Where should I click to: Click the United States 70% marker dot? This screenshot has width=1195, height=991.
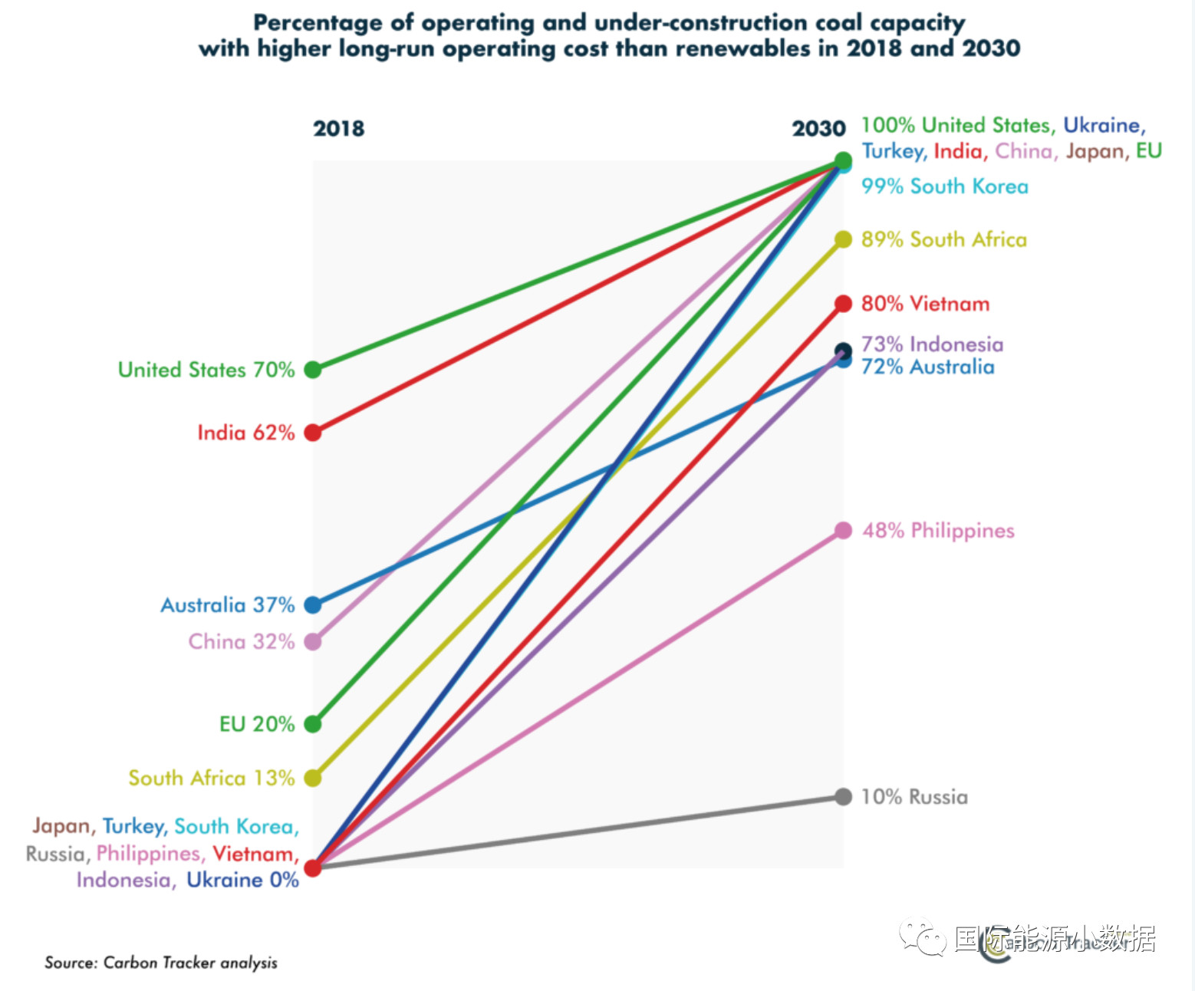pos(312,370)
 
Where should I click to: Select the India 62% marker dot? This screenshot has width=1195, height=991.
pos(312,433)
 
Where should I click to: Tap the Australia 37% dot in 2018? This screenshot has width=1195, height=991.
pos(312,605)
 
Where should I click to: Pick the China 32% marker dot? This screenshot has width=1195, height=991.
pos(312,641)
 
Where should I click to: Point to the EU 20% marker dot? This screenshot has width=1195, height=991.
pos(312,723)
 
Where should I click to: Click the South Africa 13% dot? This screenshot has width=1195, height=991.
pos(312,778)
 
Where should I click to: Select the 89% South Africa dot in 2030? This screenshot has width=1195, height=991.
pos(843,239)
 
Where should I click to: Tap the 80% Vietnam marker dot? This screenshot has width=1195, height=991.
pos(843,304)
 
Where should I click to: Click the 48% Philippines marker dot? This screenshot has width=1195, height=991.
pos(843,531)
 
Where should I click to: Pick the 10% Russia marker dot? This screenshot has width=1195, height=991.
pos(843,797)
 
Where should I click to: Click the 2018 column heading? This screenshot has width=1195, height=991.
pos(338,128)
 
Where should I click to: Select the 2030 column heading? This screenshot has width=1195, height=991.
pos(818,128)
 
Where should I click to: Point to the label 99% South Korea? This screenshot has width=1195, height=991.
pos(944,186)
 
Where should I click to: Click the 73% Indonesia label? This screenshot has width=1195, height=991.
pos(932,344)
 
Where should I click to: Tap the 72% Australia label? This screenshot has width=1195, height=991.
pos(927,367)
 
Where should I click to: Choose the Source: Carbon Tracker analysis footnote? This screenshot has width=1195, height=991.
pos(161,963)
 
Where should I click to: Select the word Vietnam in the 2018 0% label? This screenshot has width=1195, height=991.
pos(253,854)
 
